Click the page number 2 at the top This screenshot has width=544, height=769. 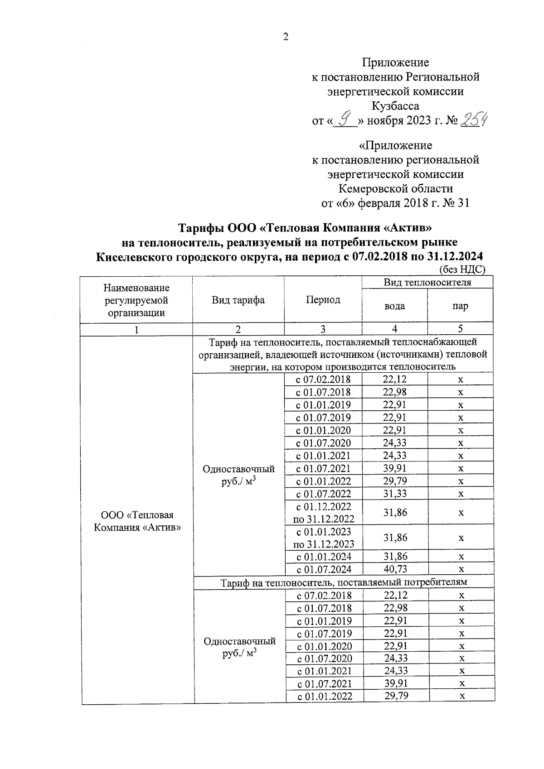(286, 38)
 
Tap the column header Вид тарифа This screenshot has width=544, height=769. (238, 300)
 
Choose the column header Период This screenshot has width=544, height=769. (323, 300)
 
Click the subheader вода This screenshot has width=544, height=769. (394, 306)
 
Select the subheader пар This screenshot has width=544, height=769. (460, 306)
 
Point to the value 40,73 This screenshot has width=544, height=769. (395, 569)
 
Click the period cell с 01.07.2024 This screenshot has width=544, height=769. (324, 569)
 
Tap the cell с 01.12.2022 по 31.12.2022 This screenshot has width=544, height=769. (324, 512)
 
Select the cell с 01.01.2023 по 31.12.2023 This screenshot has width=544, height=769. (324, 538)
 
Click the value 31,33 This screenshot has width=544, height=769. (395, 494)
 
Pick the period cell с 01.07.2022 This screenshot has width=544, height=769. (324, 494)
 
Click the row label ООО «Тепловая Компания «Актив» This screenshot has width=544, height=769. (137, 521)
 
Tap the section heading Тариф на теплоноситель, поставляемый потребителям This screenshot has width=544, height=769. (344, 582)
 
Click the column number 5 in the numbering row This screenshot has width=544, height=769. (460, 329)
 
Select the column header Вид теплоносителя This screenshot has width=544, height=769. (427, 283)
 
